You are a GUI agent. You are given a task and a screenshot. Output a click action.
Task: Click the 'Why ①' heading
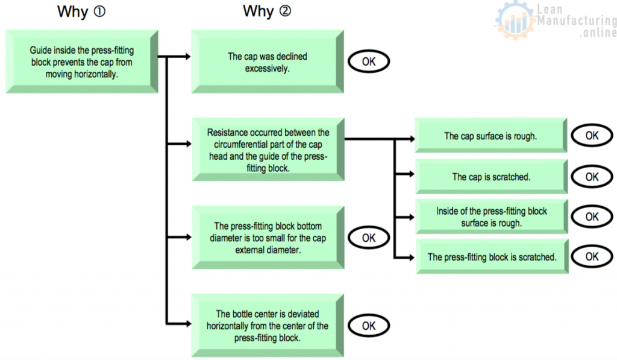point(81,11)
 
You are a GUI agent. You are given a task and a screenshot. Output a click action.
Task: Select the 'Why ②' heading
point(266,11)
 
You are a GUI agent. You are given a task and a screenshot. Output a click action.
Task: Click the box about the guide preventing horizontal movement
point(81,63)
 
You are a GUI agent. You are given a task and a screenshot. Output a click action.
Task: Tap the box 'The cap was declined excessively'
point(267,62)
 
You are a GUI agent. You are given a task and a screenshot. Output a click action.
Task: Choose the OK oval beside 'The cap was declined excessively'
point(369,62)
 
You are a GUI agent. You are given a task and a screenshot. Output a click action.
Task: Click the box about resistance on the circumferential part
point(267,150)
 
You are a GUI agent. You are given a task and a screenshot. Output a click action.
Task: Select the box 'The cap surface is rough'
point(490,136)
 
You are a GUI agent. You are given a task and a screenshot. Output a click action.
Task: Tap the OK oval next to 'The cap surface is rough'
point(592,136)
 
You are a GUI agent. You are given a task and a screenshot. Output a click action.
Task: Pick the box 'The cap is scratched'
point(490,177)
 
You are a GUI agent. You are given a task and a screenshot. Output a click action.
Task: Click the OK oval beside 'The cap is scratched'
point(592,177)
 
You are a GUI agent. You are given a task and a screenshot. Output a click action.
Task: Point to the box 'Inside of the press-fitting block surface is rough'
point(490,217)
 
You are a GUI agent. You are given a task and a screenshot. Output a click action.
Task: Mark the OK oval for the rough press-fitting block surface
point(592,216)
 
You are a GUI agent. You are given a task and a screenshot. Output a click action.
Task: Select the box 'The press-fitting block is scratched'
point(491,257)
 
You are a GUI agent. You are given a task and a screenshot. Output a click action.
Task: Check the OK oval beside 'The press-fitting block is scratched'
point(592,256)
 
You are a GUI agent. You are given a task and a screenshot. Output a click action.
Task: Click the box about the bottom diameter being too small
point(267,238)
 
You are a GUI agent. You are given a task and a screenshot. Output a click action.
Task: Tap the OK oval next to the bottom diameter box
point(369,238)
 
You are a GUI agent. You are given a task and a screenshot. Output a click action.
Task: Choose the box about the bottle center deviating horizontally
point(267,326)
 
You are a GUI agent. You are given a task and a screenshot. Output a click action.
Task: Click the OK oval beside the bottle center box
point(369,326)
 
